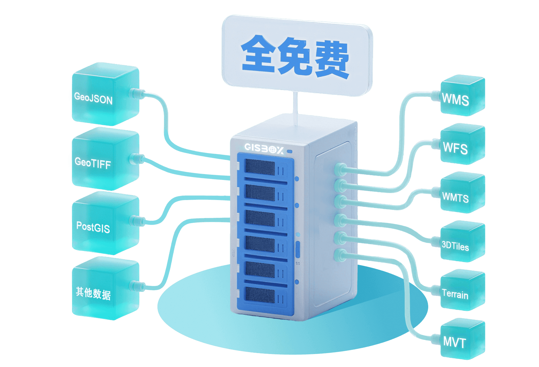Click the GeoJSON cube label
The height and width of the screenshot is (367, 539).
pos(93,98)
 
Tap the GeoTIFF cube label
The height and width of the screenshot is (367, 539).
pos(93,163)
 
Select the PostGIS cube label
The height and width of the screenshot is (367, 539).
pos(93,227)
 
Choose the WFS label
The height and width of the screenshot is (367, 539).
pos(455,148)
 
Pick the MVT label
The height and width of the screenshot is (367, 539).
pos(454,342)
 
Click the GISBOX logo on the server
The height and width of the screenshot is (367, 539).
pos(264,149)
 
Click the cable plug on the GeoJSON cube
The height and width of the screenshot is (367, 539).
pos(136,93)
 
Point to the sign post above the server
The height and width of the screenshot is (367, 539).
pos(295,107)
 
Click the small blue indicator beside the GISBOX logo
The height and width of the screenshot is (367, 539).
pos(290,151)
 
